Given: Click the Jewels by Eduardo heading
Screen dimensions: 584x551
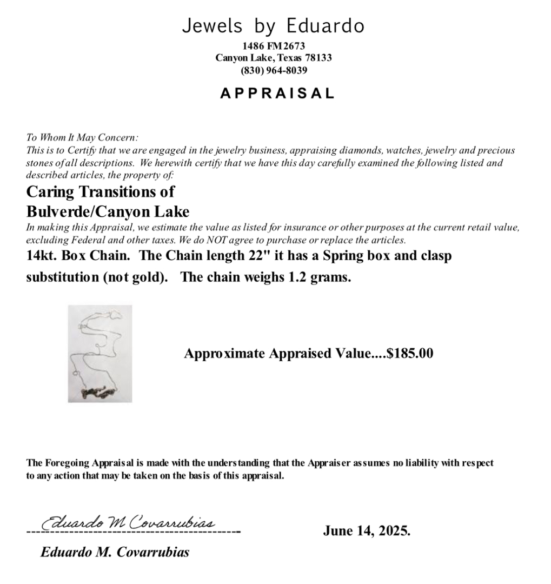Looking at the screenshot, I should point(273,26).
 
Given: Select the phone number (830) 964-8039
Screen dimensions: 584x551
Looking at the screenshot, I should point(274,70).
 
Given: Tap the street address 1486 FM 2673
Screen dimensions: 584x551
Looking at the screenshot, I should point(274,47).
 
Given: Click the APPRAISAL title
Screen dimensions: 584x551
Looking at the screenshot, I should point(277,93).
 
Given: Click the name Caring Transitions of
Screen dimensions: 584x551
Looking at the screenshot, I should point(101,192).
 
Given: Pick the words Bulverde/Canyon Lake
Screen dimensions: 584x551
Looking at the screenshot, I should point(108,211).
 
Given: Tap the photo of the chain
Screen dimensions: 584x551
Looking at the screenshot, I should point(100,353).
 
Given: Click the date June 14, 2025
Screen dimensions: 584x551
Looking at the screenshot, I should point(367,530).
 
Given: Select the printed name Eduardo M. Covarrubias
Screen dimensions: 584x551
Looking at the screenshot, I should point(115,552).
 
